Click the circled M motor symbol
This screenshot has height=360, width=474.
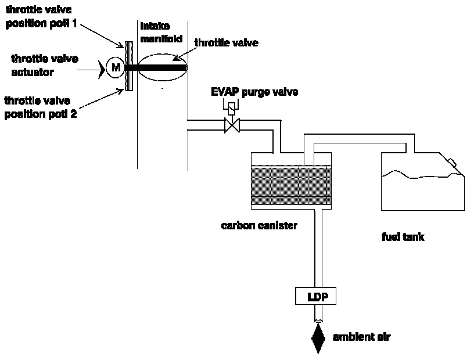pyautogui.click(x=116, y=68)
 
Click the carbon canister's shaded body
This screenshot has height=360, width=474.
pyautogui.click(x=291, y=185)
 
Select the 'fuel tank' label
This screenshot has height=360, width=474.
pyautogui.click(x=403, y=236)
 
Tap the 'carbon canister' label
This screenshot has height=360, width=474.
pyautogui.click(x=259, y=225)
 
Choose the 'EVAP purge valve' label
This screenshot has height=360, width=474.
pyautogui.click(x=255, y=92)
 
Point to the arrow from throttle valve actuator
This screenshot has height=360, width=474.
pyautogui.click(x=94, y=69)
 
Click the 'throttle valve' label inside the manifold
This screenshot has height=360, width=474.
pyautogui.click(x=226, y=42)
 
